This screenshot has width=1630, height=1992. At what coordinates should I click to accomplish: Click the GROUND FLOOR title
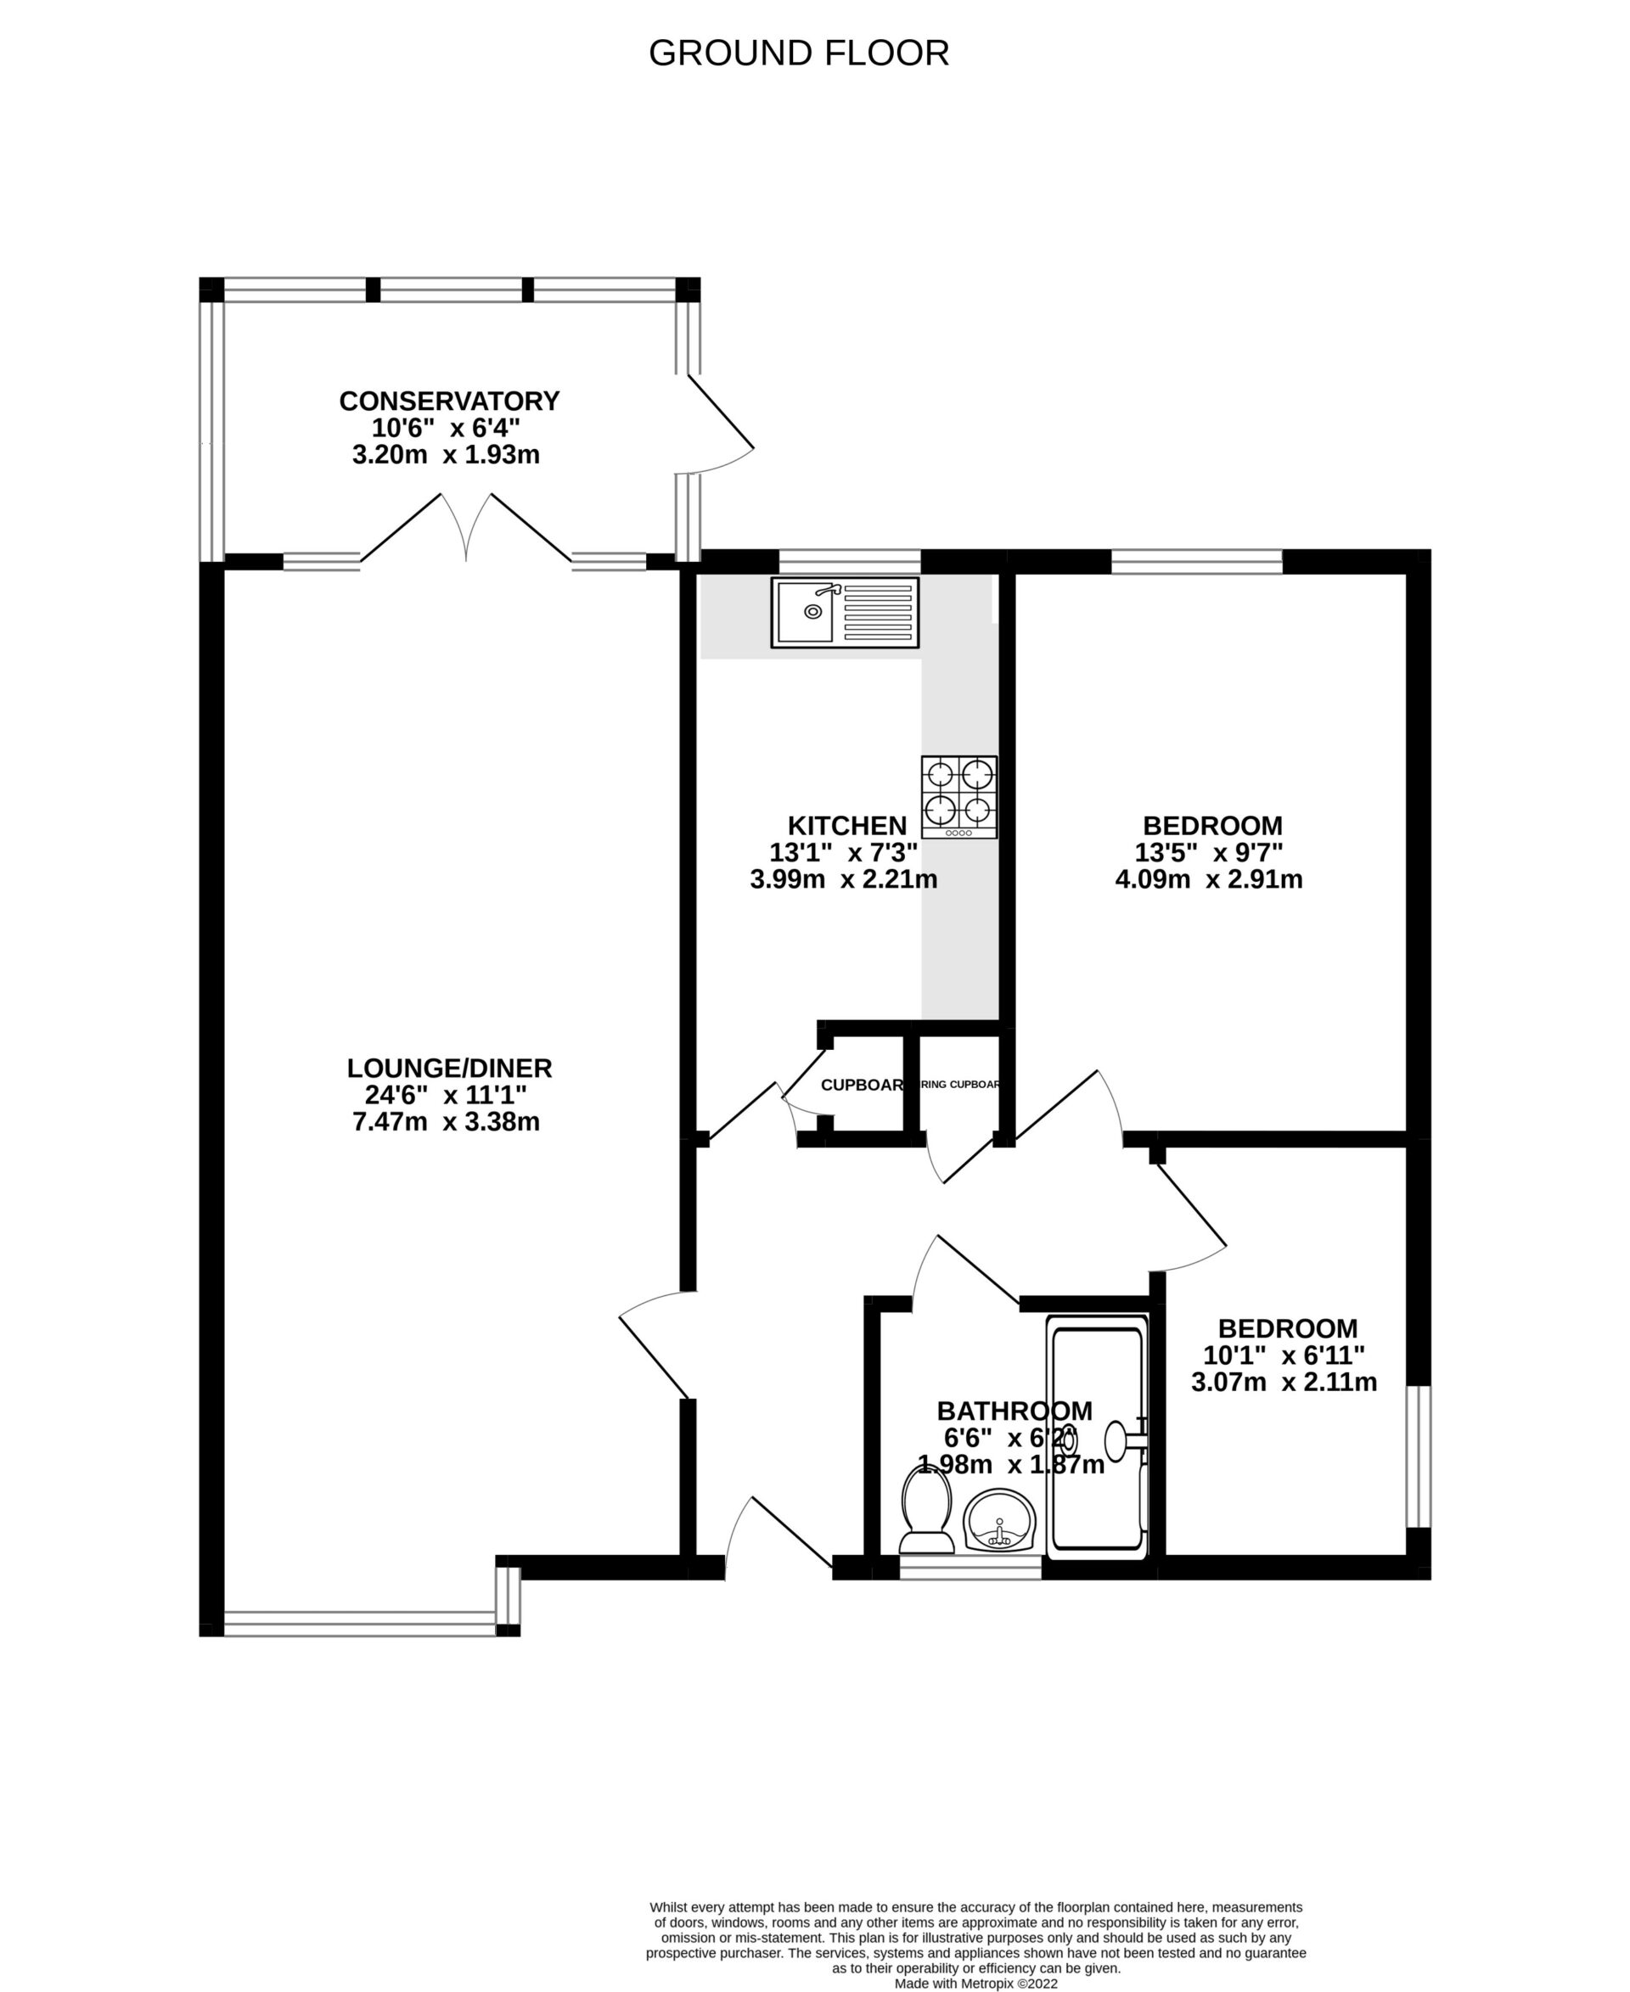point(798,53)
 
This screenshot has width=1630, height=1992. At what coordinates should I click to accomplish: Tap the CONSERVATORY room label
point(449,401)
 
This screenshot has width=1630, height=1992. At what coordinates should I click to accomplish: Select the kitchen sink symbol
point(844,612)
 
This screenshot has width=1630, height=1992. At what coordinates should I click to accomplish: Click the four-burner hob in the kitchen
point(958,797)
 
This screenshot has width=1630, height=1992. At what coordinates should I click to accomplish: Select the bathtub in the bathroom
point(1097,1436)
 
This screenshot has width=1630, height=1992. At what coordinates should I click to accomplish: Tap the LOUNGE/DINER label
point(449,1069)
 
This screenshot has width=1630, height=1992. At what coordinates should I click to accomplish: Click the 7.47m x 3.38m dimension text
point(446,1122)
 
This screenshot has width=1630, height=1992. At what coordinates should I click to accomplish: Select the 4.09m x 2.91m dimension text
point(1208,879)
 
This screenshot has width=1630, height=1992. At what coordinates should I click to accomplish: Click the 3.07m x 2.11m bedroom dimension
point(1284,1383)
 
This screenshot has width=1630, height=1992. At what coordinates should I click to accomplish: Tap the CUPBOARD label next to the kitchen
point(862,1086)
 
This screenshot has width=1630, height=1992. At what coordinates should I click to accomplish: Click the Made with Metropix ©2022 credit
point(975,1984)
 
